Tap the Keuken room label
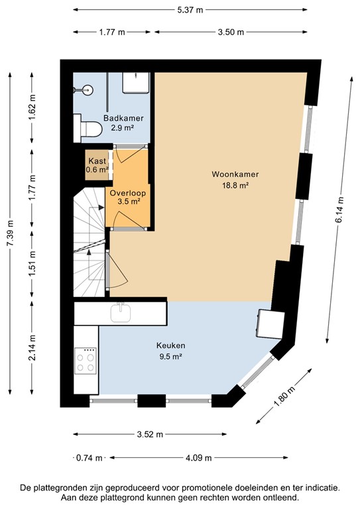pos(170,345)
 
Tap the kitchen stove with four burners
pos(86,362)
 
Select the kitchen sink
pos(121,312)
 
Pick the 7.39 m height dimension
pos(9,233)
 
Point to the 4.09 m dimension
pos(199,457)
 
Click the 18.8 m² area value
pos(235,186)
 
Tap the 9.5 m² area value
pos(170,356)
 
